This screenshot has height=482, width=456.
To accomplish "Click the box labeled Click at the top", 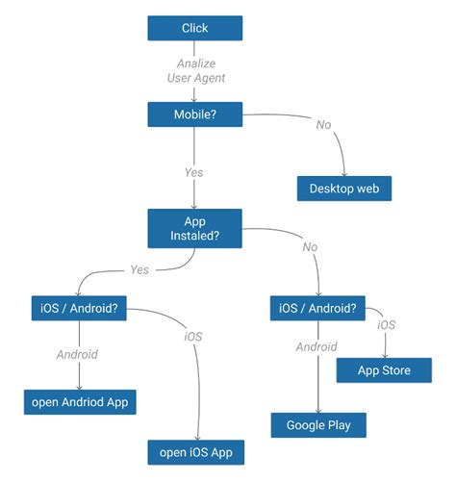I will pyautogui.click(x=194, y=28).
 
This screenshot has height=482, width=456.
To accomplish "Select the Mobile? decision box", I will pyautogui.click(x=194, y=114).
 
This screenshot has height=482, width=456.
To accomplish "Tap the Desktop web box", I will pyautogui.click(x=343, y=189).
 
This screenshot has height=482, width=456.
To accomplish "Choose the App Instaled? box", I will pyautogui.click(x=194, y=227).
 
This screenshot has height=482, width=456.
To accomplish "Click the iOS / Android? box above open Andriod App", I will pyautogui.click(x=79, y=310).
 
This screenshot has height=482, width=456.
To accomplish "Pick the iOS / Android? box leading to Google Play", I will pyautogui.click(x=317, y=310).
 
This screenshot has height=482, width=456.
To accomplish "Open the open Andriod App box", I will pyautogui.click(x=79, y=401).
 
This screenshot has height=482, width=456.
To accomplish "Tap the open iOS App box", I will pyautogui.click(x=195, y=451).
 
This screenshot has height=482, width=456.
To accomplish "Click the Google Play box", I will pyautogui.click(x=317, y=424).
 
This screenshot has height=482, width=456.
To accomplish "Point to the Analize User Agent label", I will pyautogui.click(x=195, y=71).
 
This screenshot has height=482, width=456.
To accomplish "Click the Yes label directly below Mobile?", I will pyautogui.click(x=194, y=173).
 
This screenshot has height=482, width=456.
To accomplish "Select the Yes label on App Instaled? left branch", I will pyautogui.click(x=139, y=270).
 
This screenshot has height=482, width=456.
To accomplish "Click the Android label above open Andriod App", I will pyautogui.click(x=79, y=354).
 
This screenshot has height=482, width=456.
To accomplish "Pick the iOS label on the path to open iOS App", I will pyautogui.click(x=193, y=338).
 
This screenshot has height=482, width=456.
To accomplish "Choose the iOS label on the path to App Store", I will pyautogui.click(x=386, y=325).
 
